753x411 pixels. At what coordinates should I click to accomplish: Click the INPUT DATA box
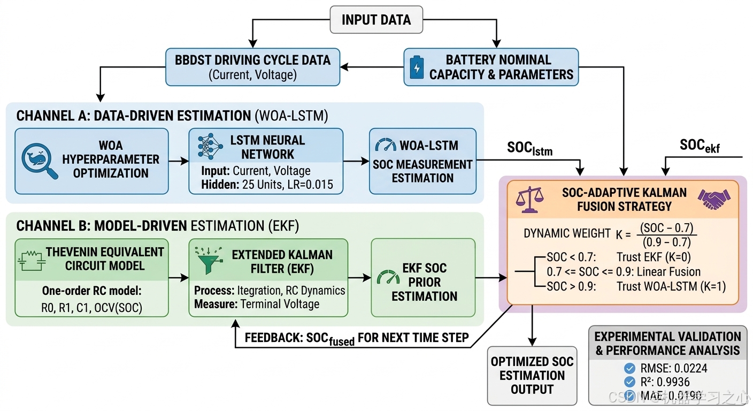376,19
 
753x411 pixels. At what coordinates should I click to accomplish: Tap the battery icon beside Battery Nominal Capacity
417,67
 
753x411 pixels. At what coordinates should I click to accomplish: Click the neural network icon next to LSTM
210,146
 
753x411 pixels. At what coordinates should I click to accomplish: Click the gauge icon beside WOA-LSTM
385,144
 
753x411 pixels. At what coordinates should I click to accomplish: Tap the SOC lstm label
530,148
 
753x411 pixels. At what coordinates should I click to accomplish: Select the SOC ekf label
700,146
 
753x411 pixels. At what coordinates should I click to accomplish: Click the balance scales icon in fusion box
530,200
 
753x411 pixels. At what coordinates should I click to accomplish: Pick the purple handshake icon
714,199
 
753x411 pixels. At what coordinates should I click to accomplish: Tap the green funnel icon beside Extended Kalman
209,260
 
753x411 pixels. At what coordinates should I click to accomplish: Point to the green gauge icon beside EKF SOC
388,277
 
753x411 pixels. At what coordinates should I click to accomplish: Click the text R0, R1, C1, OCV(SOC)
92,308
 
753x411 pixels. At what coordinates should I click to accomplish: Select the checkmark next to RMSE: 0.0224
629,368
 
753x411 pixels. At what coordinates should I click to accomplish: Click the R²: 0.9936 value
665,382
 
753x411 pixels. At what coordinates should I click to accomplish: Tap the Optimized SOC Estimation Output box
532,376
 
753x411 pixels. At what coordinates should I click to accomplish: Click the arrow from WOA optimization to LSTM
179,161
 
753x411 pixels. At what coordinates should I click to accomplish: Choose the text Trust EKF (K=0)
654,257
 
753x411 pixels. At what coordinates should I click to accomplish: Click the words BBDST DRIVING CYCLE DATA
253,60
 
